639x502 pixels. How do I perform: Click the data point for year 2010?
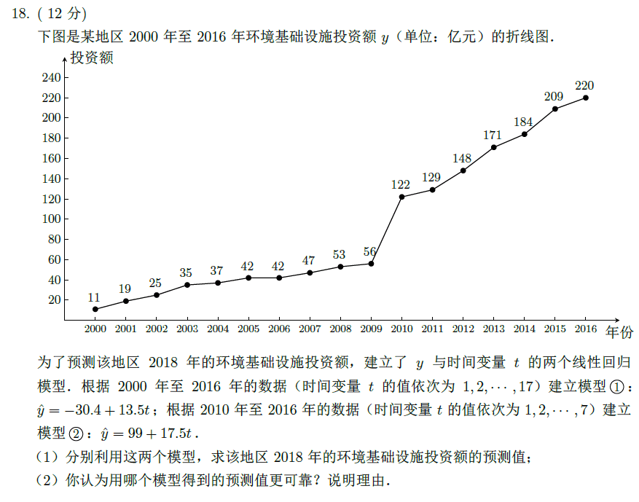(x=401, y=197)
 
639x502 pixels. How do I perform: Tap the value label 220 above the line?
(x=584, y=85)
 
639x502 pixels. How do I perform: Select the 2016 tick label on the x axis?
(x=585, y=329)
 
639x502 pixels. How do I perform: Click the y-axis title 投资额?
(x=92, y=58)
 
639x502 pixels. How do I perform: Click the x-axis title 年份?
(x=620, y=331)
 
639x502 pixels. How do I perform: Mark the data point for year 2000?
(x=95, y=309)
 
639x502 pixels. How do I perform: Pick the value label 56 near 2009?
(x=370, y=251)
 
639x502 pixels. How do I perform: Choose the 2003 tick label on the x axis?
(x=187, y=329)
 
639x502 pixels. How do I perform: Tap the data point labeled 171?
(x=493, y=147)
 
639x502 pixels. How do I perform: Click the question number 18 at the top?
(x=20, y=14)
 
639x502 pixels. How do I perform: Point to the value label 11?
(x=94, y=297)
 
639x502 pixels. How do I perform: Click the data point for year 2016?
(x=586, y=98)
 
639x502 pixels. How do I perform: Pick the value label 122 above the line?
(x=401, y=184)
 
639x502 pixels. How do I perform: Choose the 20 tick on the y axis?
(x=54, y=299)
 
